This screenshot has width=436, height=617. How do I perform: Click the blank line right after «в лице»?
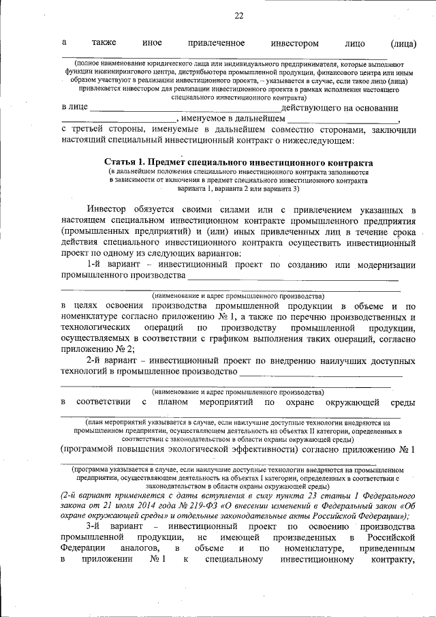coord(184,109)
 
